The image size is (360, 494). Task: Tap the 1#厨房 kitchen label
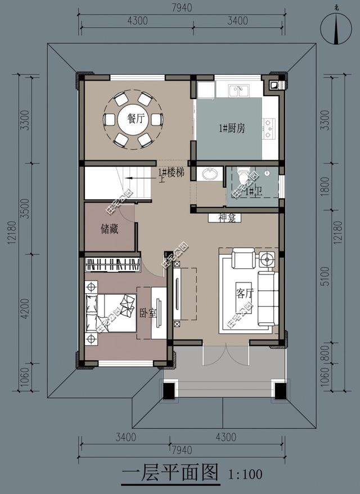[x=232, y=128]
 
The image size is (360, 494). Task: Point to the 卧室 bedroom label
[x=148, y=313]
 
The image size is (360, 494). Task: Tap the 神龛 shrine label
[x=226, y=217]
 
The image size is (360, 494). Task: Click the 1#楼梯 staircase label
[x=172, y=173]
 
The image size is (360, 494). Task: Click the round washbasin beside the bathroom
[x=210, y=173]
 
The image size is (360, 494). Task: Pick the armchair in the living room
[x=243, y=259]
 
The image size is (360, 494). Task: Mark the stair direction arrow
[x=138, y=178]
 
